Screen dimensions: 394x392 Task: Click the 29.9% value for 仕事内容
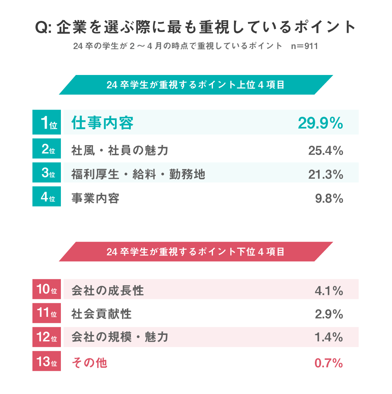[320, 123]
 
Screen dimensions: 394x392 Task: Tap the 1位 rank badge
[47, 123]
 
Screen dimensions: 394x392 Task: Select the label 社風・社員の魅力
[120, 150]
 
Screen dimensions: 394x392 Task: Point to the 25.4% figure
[326, 151]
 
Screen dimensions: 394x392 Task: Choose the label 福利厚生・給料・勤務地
[138, 174]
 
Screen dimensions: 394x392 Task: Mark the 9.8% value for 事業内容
[329, 198]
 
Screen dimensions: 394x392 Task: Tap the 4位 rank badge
[47, 197]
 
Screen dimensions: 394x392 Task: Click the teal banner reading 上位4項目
[196, 85]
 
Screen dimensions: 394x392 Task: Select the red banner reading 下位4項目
[196, 252]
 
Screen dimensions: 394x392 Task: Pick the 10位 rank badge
[47, 289]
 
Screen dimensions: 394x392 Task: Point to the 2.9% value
[329, 314]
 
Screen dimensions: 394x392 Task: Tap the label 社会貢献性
[102, 314]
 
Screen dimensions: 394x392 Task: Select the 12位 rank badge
[47, 337]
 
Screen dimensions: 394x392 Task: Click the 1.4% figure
[329, 337]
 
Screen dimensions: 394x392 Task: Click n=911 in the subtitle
[306, 47]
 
